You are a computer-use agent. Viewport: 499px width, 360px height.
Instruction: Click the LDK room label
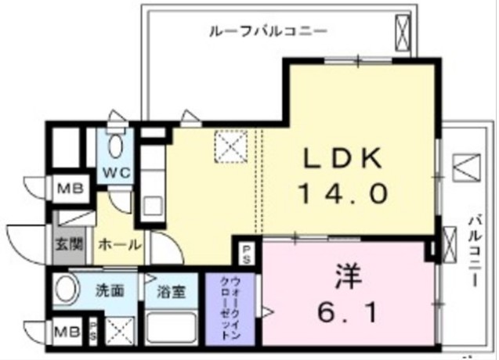tap(342, 159)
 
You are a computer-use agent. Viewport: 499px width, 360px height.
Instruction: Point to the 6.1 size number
tap(349, 315)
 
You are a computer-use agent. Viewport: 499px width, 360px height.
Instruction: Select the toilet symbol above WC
tap(115, 146)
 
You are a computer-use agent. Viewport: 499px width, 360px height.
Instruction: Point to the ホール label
tap(120, 243)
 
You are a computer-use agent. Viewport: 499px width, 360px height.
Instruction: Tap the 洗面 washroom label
tap(110, 290)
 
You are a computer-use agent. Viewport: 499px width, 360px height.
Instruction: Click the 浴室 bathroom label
tap(171, 293)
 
